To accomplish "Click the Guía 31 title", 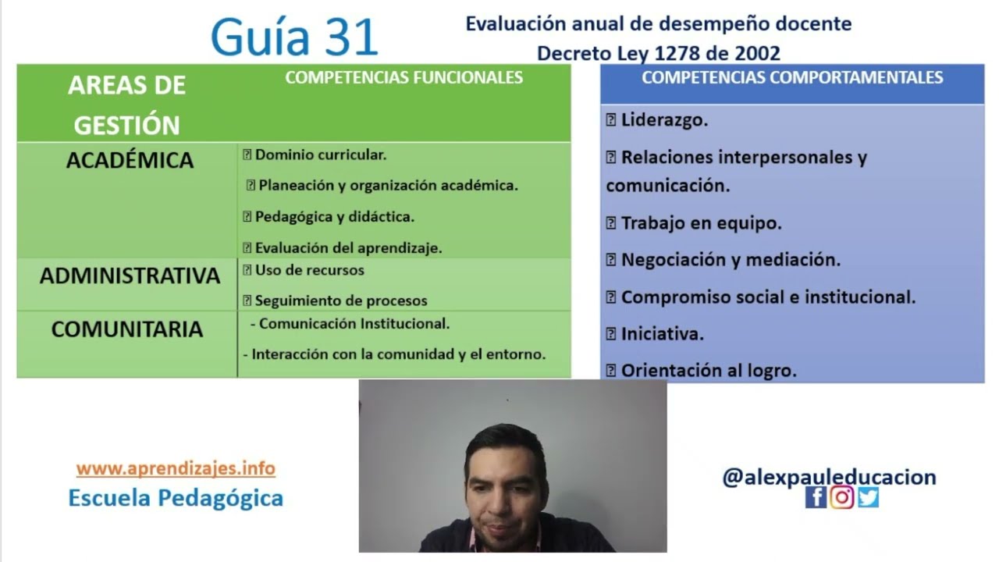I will [x=294, y=37].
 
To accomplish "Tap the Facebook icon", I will [x=816, y=497].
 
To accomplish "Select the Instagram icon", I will [x=841, y=497].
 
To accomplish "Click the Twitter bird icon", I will [x=868, y=497].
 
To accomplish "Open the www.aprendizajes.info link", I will [x=176, y=468].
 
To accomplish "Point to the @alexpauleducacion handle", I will [x=829, y=477].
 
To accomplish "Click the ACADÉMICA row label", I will [x=130, y=160].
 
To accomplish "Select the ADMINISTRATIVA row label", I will [x=130, y=276].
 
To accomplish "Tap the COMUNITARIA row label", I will [x=127, y=329].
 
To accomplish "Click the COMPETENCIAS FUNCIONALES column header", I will [x=404, y=77].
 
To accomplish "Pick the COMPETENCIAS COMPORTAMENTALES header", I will [x=792, y=77].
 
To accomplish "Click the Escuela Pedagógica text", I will [x=176, y=497].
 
